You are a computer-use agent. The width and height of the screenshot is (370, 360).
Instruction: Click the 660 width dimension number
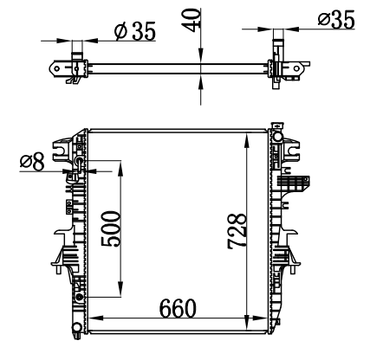[x=178, y=308]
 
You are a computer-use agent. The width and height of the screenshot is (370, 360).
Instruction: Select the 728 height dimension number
[x=237, y=231]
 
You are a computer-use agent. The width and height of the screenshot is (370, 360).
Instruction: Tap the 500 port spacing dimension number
[x=110, y=228]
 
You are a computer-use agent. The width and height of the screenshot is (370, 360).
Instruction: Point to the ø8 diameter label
[x=32, y=162]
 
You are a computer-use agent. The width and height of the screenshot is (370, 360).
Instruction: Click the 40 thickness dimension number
[x=191, y=20]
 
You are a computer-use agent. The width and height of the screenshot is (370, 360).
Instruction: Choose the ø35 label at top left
[x=135, y=30]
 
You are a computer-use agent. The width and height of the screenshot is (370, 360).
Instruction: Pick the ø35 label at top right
[x=336, y=19]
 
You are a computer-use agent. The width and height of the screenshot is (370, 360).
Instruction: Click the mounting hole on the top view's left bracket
[x=57, y=68]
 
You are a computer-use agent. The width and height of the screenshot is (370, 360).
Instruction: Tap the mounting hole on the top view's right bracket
[x=296, y=68]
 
